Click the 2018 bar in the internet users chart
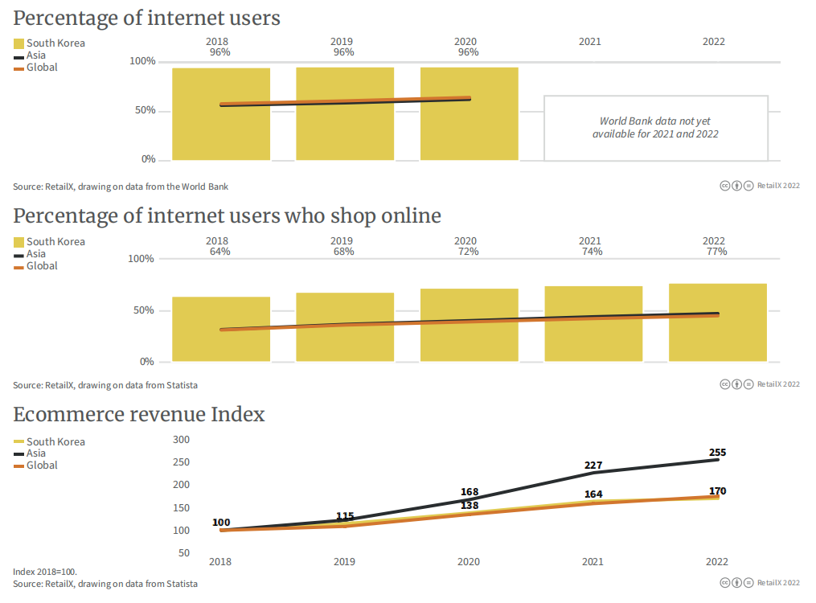(221, 113)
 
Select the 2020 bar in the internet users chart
(469, 113)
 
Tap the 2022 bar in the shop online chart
(717, 322)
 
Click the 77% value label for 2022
(714, 252)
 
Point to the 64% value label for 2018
(219, 252)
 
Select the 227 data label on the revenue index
(593, 466)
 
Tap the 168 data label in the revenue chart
(470, 491)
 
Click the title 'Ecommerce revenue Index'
(139, 414)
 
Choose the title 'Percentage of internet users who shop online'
(227, 215)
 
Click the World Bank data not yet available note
(655, 128)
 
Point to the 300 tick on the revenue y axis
(181, 440)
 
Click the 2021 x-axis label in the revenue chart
(593, 561)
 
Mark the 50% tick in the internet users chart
(145, 110)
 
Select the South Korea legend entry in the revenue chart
(55, 441)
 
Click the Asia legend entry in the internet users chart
(35, 55)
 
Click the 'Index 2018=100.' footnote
(45, 572)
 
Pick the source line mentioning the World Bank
(121, 187)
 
